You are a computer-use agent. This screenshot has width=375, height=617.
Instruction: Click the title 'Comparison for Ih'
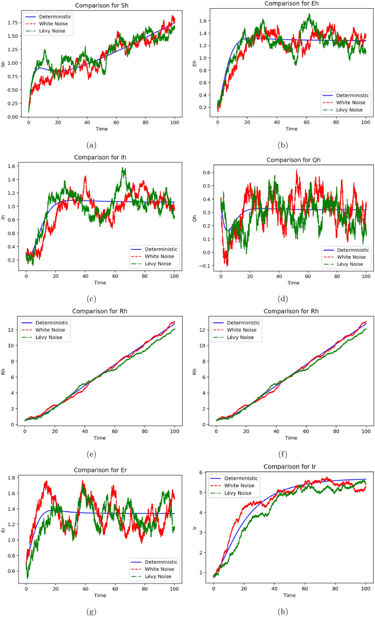click(100, 157)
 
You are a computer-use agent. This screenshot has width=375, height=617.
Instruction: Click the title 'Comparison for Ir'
click(291, 467)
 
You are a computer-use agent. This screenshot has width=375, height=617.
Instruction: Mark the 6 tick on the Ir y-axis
click(204, 473)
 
